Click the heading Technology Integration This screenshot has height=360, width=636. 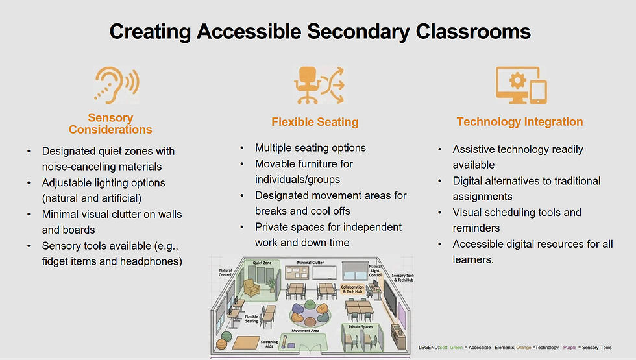point(520,122)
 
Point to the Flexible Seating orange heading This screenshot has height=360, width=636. point(315,122)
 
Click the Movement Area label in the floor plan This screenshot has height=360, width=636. point(305,331)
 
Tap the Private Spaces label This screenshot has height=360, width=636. point(361,327)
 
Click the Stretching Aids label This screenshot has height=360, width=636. point(269,343)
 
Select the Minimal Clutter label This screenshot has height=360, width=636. point(310,263)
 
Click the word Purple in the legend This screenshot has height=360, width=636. point(570,348)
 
